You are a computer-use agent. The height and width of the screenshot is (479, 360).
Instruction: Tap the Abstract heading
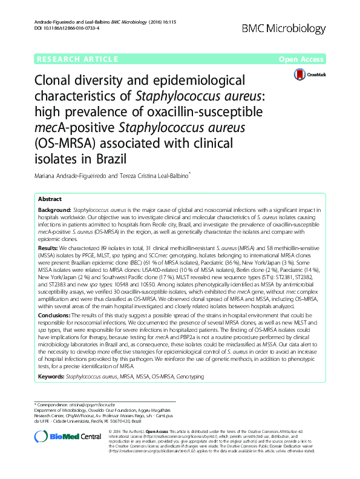coord(50,199)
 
